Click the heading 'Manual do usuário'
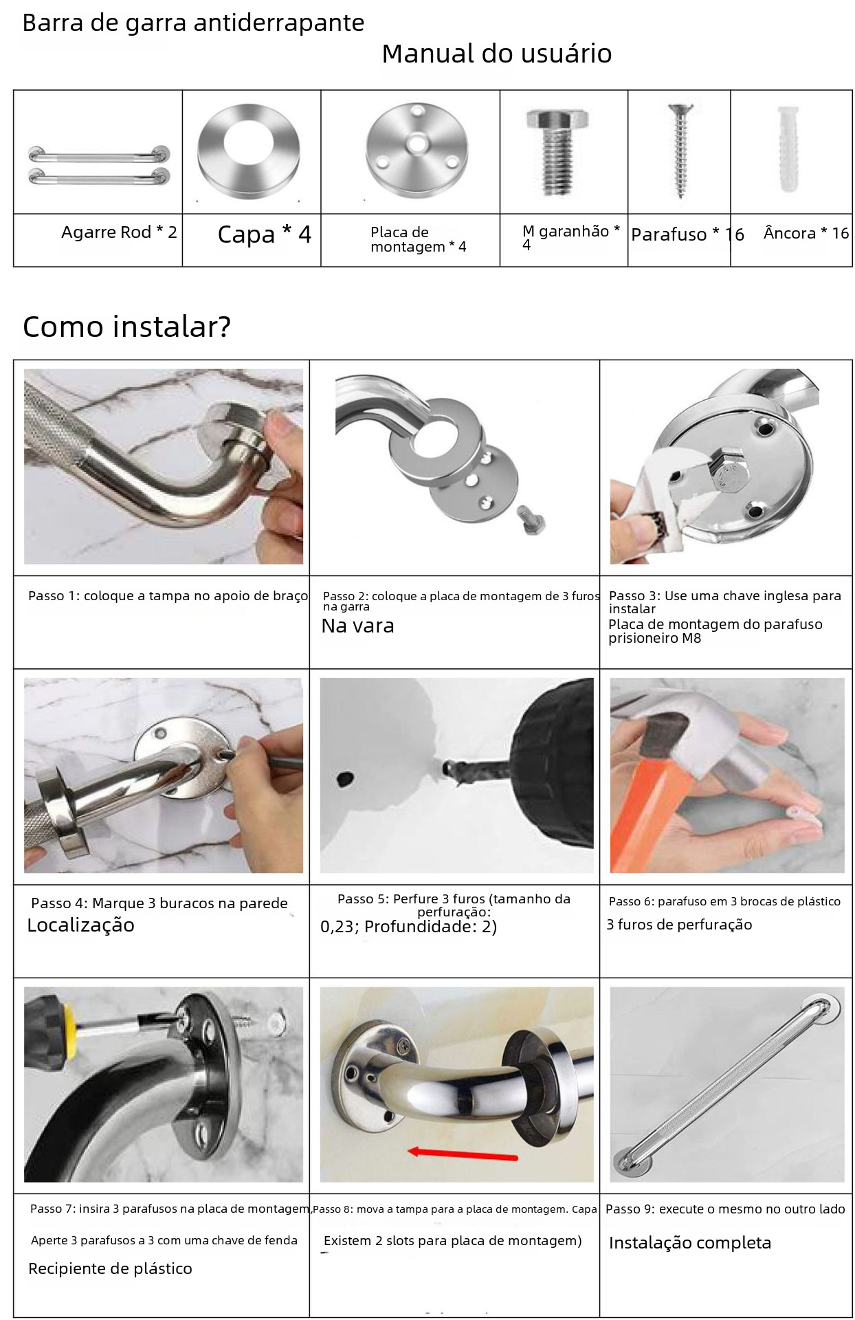[496, 54]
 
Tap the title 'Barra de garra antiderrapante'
[193, 23]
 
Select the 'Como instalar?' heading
[126, 327]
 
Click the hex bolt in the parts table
[557, 151]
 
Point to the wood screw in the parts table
[680, 151]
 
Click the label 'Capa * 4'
[265, 234]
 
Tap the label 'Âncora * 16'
[806, 233]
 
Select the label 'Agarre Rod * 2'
[119, 232]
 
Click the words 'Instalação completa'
[690, 1243]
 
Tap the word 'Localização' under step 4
[81, 925]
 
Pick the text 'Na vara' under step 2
[357, 626]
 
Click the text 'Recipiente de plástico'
[110, 1268]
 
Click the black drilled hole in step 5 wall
[346, 779]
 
